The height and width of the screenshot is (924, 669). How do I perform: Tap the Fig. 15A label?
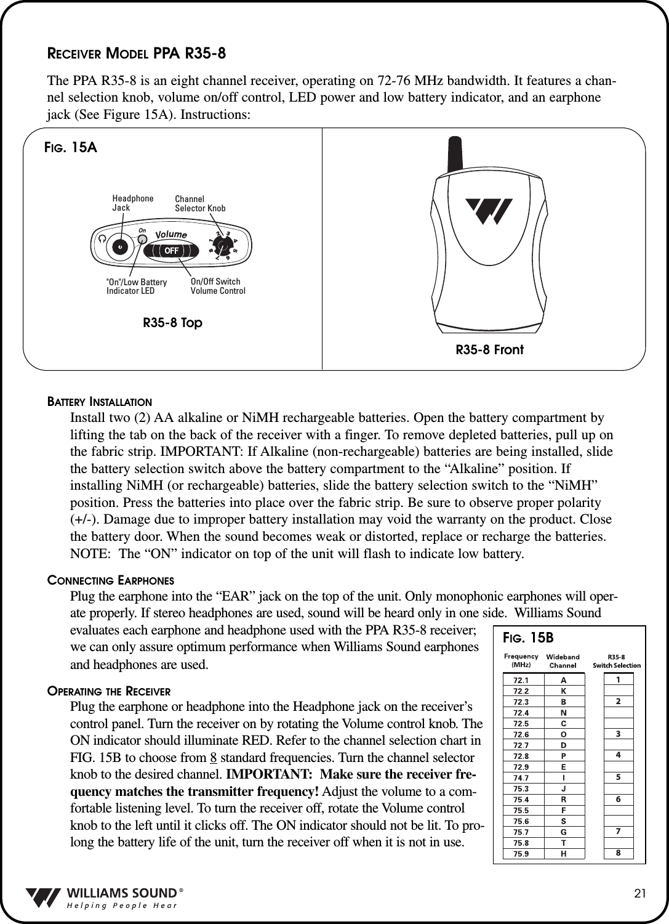pyautogui.click(x=71, y=148)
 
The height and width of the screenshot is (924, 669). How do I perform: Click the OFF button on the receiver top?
pyautogui.click(x=171, y=251)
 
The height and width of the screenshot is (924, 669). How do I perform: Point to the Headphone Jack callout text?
pyautogui.click(x=132, y=203)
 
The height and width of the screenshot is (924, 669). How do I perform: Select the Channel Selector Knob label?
pyautogui.click(x=200, y=204)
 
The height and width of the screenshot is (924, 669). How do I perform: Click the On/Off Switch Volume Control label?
pyautogui.click(x=218, y=286)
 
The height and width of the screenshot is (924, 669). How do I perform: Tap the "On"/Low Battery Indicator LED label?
pyautogui.click(x=137, y=286)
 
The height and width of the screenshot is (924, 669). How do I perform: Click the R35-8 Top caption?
pyautogui.click(x=172, y=323)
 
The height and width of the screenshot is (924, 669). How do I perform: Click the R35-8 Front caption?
pyautogui.click(x=489, y=350)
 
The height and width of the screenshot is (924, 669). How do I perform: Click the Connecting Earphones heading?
pyautogui.click(x=111, y=580)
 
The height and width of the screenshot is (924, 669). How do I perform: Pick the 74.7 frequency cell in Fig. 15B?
pyautogui.click(x=521, y=778)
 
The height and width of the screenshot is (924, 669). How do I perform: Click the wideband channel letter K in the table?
pyautogui.click(x=563, y=691)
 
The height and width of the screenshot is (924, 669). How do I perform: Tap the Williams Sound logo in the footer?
pyautogui.click(x=105, y=898)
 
